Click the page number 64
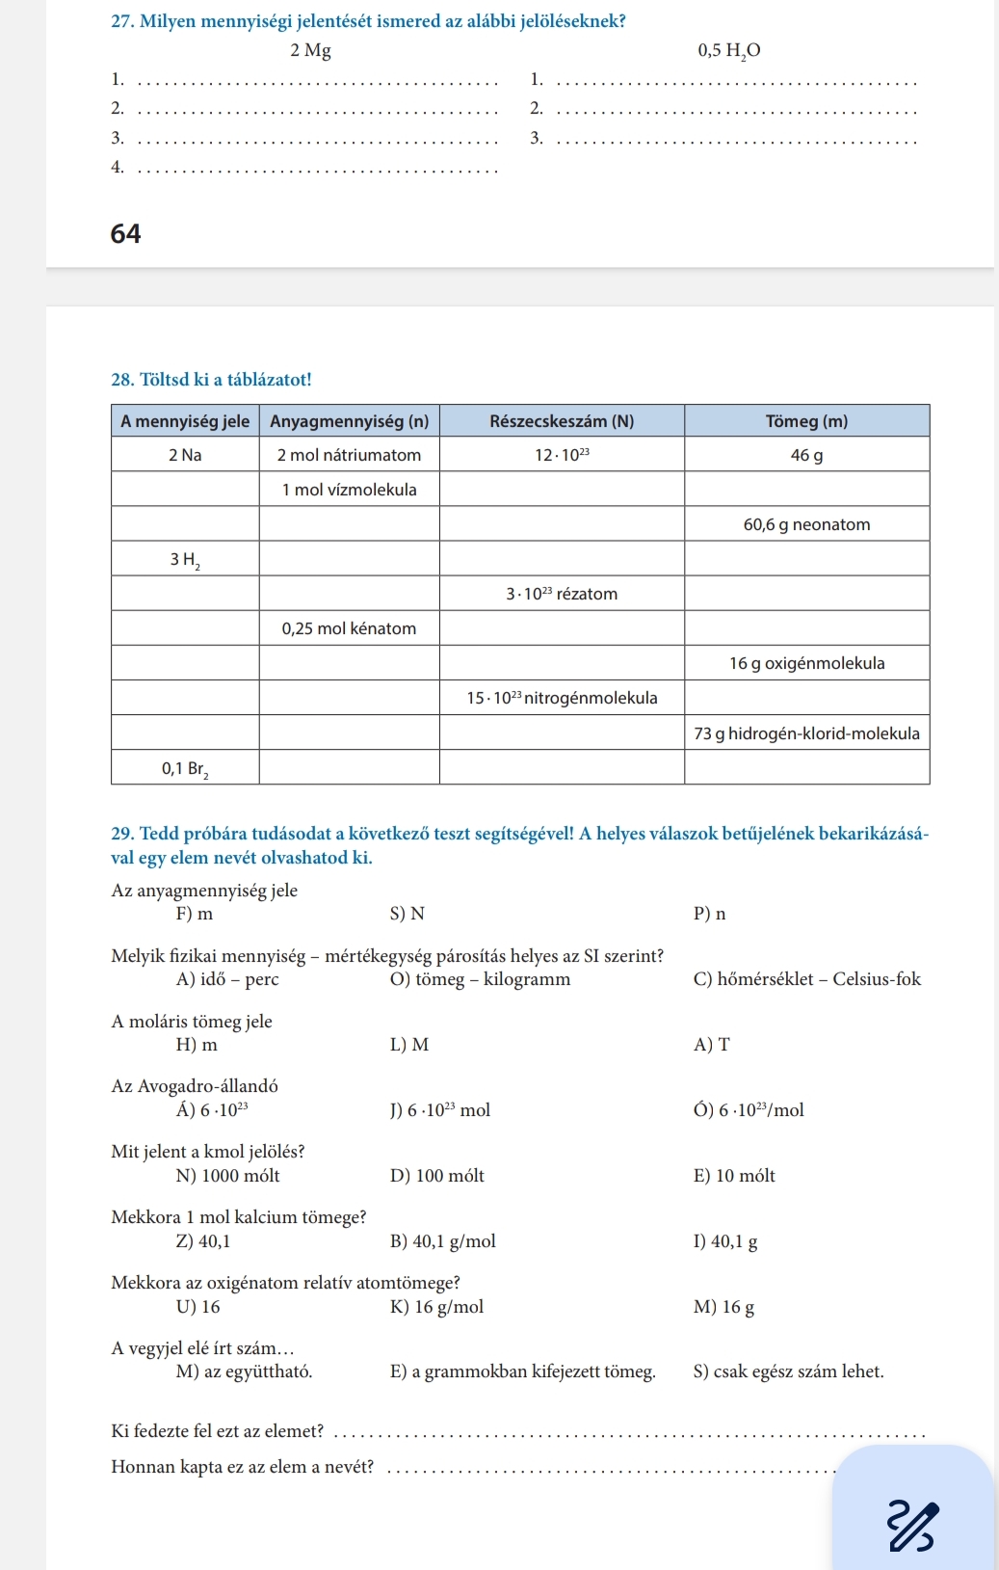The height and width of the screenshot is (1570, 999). pyautogui.click(x=126, y=234)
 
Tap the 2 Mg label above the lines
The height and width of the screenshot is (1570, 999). pyautogui.click(x=310, y=51)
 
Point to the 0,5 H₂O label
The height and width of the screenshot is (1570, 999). pyautogui.click(x=729, y=51)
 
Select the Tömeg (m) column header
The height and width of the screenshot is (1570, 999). pyautogui.click(x=806, y=421)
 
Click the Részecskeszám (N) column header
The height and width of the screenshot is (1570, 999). pyautogui.click(x=562, y=421)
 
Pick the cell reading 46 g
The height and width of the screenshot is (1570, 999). pyautogui.click(x=806, y=455)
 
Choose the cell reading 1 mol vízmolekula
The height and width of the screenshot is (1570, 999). pyautogui.click(x=349, y=490)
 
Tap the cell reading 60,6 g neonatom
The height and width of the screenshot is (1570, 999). pyautogui.click(x=806, y=524)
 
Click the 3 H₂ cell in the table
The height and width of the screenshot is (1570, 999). pyautogui.click(x=185, y=560)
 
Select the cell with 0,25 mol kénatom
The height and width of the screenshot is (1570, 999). pyautogui.click(x=349, y=628)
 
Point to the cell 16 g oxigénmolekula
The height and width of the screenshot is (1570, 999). pyautogui.click(x=806, y=663)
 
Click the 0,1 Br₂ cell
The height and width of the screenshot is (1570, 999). pyautogui.click(x=185, y=768)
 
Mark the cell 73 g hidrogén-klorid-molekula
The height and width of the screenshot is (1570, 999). pyautogui.click(x=806, y=733)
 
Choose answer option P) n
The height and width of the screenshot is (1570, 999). pyautogui.click(x=709, y=914)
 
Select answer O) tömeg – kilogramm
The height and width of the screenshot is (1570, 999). pyautogui.click(x=480, y=979)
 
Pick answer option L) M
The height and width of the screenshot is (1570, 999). pyautogui.click(x=409, y=1045)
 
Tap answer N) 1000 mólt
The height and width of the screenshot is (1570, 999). pyautogui.click(x=228, y=1176)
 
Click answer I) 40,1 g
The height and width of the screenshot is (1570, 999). pyautogui.click(x=724, y=1241)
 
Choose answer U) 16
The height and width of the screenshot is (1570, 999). pyautogui.click(x=198, y=1307)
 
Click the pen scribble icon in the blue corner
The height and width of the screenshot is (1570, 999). pyautogui.click(x=911, y=1526)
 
